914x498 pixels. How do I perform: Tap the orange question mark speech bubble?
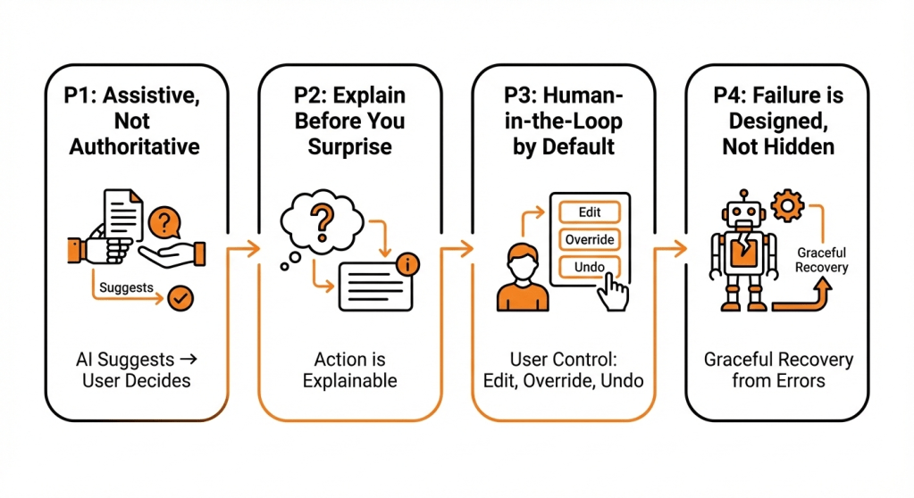[x=163, y=221]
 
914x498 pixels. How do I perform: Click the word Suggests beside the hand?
[x=125, y=287]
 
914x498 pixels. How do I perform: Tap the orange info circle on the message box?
[x=408, y=263]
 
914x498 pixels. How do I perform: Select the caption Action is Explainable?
[x=349, y=370]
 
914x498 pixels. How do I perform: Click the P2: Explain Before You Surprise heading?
[x=350, y=120]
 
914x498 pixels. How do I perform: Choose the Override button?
[x=588, y=239]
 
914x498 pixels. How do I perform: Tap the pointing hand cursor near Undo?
[x=613, y=291]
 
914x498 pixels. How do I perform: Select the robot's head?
[x=742, y=214]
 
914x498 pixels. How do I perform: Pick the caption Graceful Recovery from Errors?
[x=778, y=370]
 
